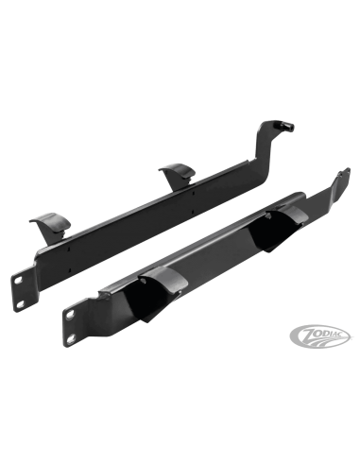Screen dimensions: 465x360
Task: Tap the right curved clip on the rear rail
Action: click(x=175, y=174)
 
